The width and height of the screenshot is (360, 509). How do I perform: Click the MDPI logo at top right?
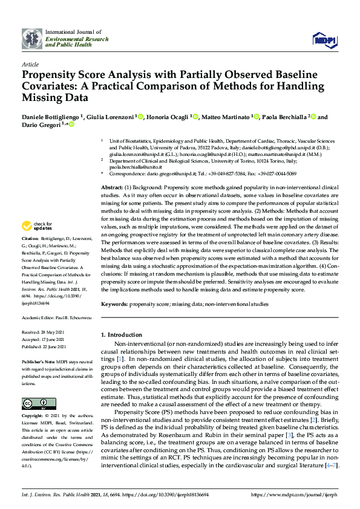pyautogui.click(x=321, y=40)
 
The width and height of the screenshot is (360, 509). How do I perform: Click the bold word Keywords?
pyautogui.click(x=114, y=304)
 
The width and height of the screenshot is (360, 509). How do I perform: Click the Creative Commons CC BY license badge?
pyautogui.click(x=34, y=403)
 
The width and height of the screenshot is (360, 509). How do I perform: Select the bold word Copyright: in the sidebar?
pyautogui.click(x=34, y=417)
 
